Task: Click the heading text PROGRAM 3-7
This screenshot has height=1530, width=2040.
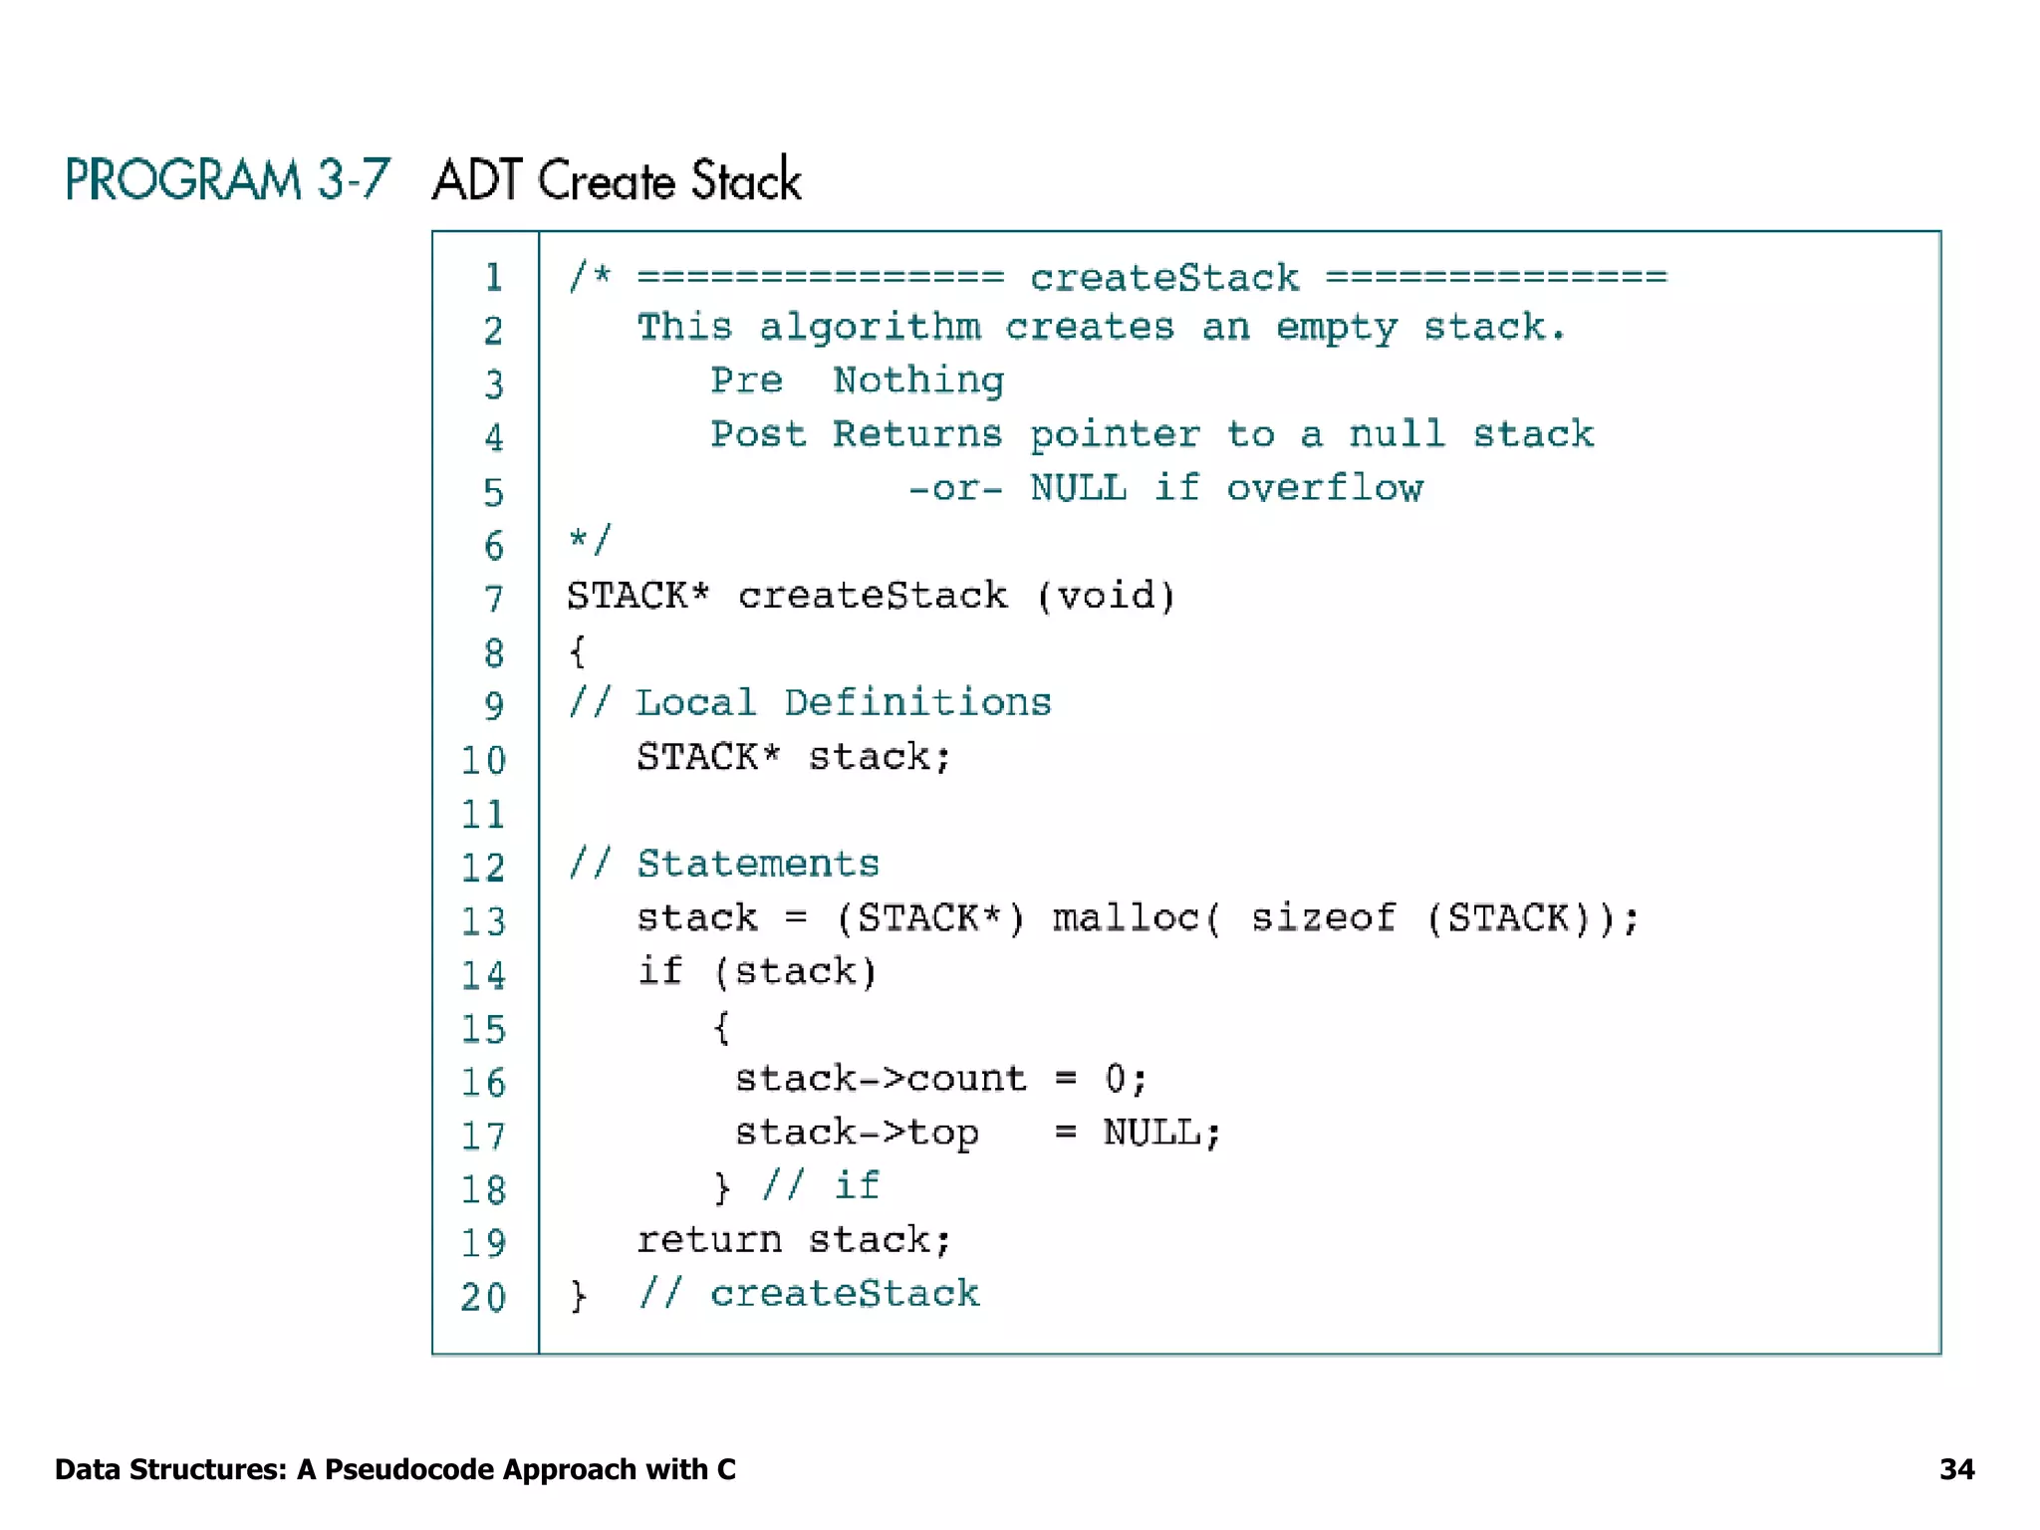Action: (x=227, y=180)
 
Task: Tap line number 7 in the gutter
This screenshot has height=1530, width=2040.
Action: (x=493, y=600)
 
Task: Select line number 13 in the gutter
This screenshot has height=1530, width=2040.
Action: (x=483, y=921)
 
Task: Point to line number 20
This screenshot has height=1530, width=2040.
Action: (x=483, y=1297)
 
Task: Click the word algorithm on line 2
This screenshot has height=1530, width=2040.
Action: (x=870, y=328)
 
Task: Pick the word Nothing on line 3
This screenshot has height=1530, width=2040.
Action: (x=918, y=381)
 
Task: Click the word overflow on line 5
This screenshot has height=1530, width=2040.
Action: (x=1324, y=488)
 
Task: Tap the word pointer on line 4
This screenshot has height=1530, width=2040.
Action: (x=1115, y=434)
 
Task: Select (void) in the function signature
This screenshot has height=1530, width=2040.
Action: (x=1106, y=596)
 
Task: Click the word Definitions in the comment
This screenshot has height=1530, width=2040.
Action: (x=917, y=702)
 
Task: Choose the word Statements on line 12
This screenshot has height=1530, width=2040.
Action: (x=758, y=863)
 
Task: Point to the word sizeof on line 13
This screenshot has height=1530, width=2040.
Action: (x=1323, y=917)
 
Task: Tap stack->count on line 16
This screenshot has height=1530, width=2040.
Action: (x=881, y=1079)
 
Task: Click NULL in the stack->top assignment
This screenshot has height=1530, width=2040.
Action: (x=1152, y=1133)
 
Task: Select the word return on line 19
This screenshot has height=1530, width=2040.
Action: (x=709, y=1240)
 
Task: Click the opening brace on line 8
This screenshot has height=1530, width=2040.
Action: (x=577, y=651)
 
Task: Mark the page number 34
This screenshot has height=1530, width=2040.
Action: (x=1956, y=1469)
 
